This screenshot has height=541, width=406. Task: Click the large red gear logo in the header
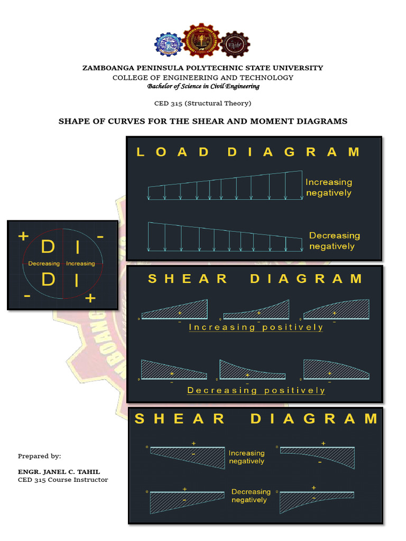(x=201, y=43)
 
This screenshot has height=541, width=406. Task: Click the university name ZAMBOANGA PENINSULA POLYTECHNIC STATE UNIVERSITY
(x=202, y=68)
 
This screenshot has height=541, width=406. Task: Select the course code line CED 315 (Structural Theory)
(x=202, y=103)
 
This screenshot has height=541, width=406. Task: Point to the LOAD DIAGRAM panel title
(x=248, y=152)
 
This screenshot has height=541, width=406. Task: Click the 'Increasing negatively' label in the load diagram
(x=328, y=188)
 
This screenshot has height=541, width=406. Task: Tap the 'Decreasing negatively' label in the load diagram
(x=334, y=241)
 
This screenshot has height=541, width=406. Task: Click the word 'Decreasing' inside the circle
(x=44, y=263)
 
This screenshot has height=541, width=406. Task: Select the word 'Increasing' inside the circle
(x=80, y=263)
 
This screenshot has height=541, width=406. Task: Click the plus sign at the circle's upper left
(x=23, y=236)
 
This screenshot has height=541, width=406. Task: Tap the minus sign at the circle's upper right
(x=100, y=236)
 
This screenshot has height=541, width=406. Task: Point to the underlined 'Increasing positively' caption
(x=256, y=328)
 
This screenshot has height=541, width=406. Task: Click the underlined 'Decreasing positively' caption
(x=256, y=390)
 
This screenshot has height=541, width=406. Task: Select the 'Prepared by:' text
(x=39, y=456)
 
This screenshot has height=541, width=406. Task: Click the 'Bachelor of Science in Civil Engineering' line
(x=203, y=86)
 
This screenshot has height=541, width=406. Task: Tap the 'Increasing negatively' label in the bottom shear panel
(x=246, y=457)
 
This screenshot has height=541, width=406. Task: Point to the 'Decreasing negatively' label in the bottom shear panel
(x=251, y=496)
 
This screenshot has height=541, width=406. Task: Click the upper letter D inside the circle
(x=48, y=247)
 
